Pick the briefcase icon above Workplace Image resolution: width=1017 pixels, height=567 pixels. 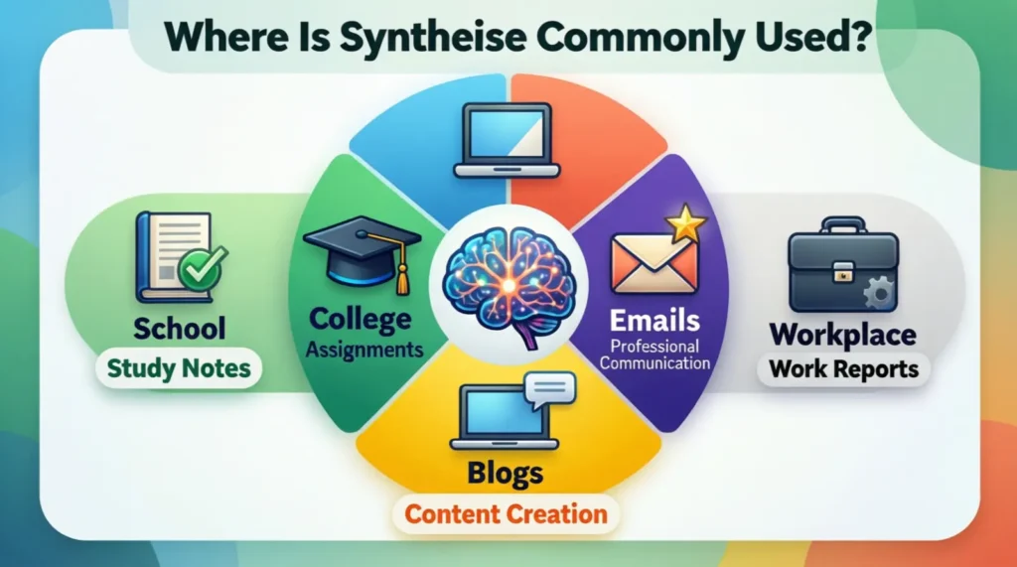[841, 265]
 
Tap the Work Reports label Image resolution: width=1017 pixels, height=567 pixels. [844, 369]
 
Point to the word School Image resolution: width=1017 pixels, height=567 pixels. [179, 328]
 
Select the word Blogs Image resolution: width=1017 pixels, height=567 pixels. [507, 473]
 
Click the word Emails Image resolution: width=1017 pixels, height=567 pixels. [655, 320]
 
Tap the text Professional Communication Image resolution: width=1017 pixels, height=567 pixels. [655, 354]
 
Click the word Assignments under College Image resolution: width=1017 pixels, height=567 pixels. [363, 350]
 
